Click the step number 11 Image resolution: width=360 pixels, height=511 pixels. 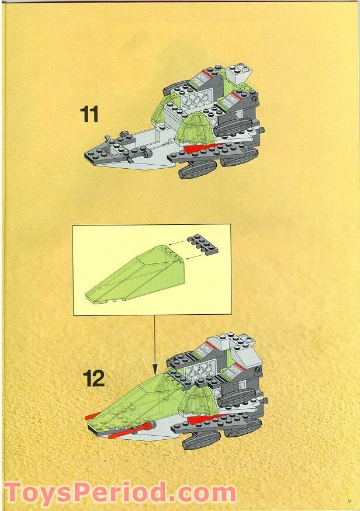click(x=89, y=114)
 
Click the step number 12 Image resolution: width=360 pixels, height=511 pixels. click(x=93, y=378)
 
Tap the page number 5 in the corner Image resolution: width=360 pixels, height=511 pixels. click(x=348, y=500)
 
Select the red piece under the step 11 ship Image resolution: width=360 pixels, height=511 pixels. click(x=196, y=148)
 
